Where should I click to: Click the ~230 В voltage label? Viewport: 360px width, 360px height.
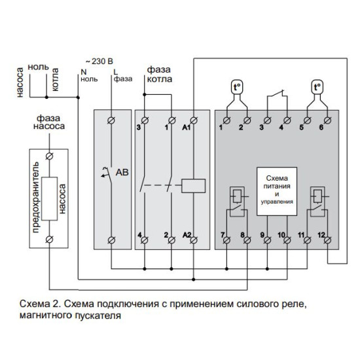click(x=99, y=62)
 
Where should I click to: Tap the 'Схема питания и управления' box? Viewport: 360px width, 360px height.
click(x=277, y=191)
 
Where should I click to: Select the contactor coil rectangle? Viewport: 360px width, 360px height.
click(x=193, y=185)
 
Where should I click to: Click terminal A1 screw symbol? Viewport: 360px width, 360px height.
click(x=194, y=120)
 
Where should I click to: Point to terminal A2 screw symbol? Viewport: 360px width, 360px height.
click(x=194, y=240)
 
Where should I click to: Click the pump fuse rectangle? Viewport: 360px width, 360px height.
click(x=49, y=198)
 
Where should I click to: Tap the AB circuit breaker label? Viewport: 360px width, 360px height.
click(x=122, y=172)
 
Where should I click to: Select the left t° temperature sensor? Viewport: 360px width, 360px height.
click(x=237, y=87)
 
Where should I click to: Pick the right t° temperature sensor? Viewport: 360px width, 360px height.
click(x=317, y=87)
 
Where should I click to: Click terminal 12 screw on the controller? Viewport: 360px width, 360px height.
click(x=327, y=240)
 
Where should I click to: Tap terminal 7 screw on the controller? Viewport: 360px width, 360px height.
click(x=226, y=240)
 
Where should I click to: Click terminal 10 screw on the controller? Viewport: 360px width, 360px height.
click(x=287, y=240)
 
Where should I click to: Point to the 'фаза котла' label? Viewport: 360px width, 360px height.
click(x=159, y=74)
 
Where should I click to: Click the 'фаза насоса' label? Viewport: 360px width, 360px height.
click(x=49, y=122)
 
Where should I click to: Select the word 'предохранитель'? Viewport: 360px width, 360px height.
click(x=36, y=198)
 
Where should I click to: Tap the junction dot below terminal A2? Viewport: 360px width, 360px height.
click(x=194, y=279)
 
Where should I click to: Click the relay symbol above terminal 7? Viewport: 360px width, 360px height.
click(x=237, y=202)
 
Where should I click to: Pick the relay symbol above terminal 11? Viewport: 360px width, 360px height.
click(x=317, y=202)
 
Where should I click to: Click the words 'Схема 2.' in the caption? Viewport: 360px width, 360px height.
click(x=40, y=304)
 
